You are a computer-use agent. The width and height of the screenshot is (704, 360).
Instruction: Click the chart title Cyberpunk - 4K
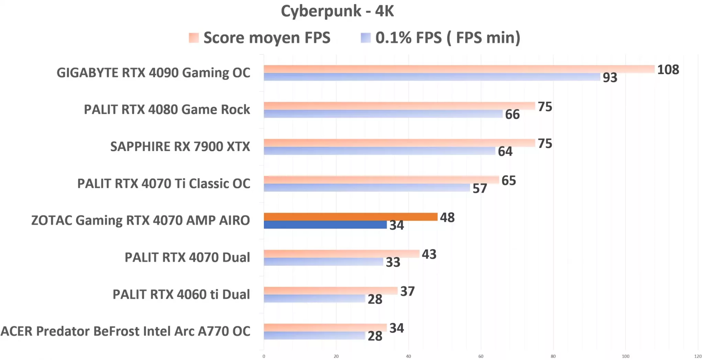(x=337, y=11)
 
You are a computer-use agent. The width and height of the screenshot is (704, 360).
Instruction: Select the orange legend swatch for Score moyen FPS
(x=194, y=38)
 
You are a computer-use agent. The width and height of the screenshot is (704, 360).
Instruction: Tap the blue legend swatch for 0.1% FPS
(x=366, y=38)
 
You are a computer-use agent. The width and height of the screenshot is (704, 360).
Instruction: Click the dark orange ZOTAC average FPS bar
(x=351, y=217)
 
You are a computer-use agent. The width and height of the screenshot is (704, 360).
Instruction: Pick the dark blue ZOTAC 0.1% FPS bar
(x=325, y=225)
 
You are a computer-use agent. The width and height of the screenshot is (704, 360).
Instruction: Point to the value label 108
(x=668, y=70)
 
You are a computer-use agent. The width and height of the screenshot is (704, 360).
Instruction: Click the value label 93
(x=610, y=78)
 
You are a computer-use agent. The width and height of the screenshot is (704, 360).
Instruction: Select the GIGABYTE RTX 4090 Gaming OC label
(x=153, y=73)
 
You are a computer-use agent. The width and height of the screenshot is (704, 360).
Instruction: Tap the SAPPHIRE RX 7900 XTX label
(x=180, y=146)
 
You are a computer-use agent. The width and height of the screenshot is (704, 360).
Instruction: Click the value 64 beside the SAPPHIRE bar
(x=505, y=152)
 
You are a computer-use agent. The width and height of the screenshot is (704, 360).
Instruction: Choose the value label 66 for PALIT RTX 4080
(x=512, y=114)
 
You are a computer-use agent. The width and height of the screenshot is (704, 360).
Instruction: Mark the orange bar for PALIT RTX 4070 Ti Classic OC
(x=381, y=179)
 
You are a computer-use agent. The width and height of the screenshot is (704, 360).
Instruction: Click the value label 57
(x=480, y=188)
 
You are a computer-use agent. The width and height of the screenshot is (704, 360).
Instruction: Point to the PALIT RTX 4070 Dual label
(x=187, y=257)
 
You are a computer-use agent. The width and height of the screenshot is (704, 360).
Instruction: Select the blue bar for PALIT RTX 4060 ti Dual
(x=314, y=298)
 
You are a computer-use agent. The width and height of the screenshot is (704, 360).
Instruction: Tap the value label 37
(x=407, y=292)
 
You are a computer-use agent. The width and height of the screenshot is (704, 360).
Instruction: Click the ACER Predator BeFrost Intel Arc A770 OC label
(x=125, y=331)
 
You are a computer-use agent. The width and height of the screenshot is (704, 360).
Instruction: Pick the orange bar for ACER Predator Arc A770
(x=325, y=327)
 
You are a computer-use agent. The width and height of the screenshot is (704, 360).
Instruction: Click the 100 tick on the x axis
(x=625, y=356)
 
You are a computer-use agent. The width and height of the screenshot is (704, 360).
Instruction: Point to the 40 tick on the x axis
(x=408, y=356)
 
